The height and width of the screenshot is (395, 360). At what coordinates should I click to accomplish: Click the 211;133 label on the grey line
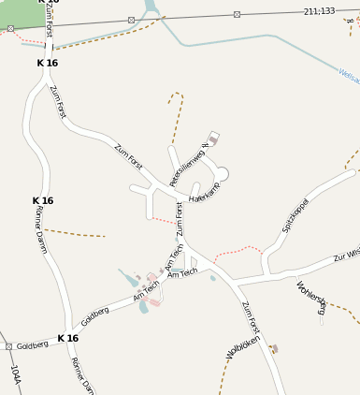[x=319, y=11]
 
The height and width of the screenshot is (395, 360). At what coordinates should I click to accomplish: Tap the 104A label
[x=15, y=376]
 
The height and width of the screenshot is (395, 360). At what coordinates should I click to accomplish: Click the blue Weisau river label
[x=349, y=78]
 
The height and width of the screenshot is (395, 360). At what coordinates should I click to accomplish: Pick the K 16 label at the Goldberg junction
[x=67, y=338]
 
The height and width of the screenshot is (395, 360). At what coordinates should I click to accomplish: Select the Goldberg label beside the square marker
[x=32, y=345]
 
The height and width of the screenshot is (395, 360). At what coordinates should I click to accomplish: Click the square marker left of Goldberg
[x=8, y=346]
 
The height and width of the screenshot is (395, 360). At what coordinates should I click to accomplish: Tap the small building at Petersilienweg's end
[x=213, y=139]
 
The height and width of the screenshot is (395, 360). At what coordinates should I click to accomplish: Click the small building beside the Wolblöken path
[x=274, y=349]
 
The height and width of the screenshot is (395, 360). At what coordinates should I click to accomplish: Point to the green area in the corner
[x=19, y=11]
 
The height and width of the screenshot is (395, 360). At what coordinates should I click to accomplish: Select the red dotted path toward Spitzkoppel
[x=238, y=251]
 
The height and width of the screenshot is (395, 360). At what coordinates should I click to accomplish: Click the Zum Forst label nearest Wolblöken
[x=250, y=318]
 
